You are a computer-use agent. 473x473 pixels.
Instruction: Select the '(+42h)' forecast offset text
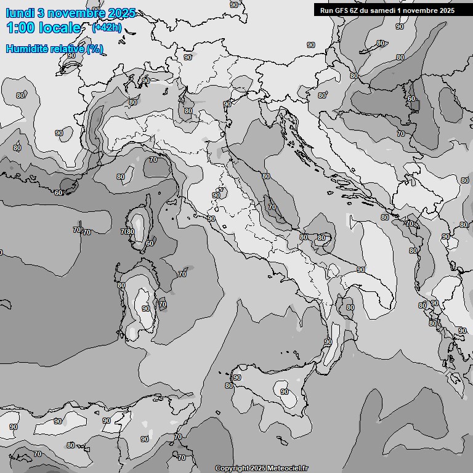click(107, 28)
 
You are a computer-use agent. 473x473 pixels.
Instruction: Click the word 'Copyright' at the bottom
click(232, 468)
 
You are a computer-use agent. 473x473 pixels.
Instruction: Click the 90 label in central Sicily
click(284, 392)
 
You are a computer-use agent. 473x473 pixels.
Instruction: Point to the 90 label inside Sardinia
click(146, 309)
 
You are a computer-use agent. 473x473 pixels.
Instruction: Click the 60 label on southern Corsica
click(149, 243)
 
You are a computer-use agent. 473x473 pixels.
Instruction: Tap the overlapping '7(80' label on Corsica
click(128, 232)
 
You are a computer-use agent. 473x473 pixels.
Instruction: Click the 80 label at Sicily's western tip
click(229, 386)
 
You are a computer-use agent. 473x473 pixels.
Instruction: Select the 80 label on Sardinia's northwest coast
click(121, 285)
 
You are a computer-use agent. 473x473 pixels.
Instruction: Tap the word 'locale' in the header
click(60, 28)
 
